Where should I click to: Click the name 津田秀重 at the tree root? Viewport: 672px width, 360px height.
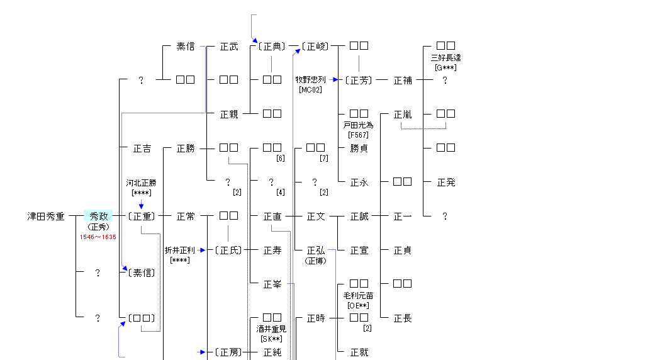point(46,217)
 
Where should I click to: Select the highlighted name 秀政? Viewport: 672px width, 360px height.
point(99,216)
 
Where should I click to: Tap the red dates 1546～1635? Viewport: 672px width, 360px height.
point(98,237)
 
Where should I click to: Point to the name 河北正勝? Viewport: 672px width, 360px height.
point(141,183)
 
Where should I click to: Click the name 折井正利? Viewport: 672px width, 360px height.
point(179,250)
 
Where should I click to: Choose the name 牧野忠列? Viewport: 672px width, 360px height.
point(310,80)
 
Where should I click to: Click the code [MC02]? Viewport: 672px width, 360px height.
point(310,89)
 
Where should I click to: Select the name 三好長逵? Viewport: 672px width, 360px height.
point(445,57)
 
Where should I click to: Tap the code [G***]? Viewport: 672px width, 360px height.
point(445,67)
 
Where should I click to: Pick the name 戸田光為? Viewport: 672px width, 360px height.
point(358,125)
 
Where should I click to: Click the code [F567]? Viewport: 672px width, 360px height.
point(358,135)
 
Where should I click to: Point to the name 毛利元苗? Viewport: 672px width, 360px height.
point(358,296)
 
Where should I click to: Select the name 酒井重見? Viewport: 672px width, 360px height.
point(271,329)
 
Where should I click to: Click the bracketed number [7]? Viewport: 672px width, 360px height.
point(324,158)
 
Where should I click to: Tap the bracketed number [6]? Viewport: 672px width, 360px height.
point(281,158)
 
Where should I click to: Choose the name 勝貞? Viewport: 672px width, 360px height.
point(359,149)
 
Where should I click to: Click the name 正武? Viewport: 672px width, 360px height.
point(229,47)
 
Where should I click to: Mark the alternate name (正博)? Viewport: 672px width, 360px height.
point(315,261)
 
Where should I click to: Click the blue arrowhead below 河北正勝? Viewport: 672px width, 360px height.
point(141,206)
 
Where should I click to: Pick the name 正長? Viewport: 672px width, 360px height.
point(403,318)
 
